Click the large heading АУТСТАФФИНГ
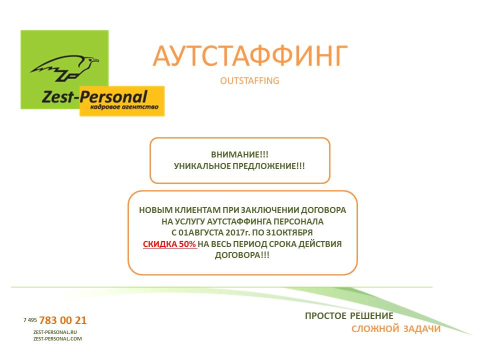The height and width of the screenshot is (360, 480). [250, 56]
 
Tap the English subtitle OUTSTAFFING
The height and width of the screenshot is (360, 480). [249, 81]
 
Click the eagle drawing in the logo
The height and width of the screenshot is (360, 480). [65, 68]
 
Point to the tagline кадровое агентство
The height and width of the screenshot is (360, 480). [124, 107]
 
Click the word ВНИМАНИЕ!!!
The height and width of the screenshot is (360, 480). [239, 154]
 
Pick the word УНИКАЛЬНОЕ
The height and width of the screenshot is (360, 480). [202, 166]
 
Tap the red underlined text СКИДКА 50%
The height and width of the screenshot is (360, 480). [169, 244]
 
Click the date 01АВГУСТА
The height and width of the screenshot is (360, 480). [201, 232]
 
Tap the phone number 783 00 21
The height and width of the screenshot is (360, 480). [63, 320]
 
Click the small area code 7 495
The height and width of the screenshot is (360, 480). [30, 320]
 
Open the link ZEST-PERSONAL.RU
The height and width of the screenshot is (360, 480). [55, 332]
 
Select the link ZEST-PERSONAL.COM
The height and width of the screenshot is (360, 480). [57, 339]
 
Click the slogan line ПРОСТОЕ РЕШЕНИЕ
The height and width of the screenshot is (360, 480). [349, 316]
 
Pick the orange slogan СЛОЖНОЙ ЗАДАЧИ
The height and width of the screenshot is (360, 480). [396, 329]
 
